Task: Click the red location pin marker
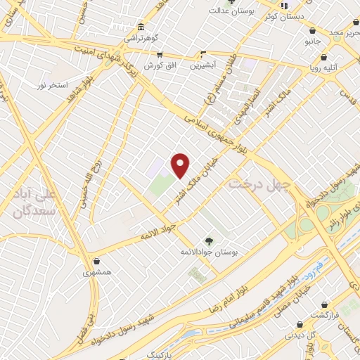pyautogui.click(x=181, y=165)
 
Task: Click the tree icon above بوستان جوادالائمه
pyautogui.click(x=208, y=240)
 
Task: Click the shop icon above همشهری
pyautogui.click(x=96, y=262)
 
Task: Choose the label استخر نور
pyautogui.click(x=52, y=85)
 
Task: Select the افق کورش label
pyautogui.click(x=160, y=65)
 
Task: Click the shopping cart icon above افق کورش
pyautogui.click(x=160, y=55)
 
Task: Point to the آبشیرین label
pyautogui.click(x=203, y=65)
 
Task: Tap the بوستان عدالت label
pyautogui.click(x=230, y=11)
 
